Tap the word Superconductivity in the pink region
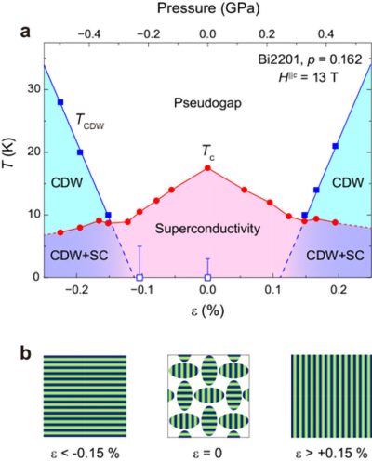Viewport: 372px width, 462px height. pyautogui.click(x=206, y=229)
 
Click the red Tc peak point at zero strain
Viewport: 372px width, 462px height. pyautogui.click(x=207, y=168)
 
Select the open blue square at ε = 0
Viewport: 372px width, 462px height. pyautogui.click(x=207, y=277)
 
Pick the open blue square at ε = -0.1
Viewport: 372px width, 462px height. pyautogui.click(x=139, y=277)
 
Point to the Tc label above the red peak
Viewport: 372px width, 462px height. pyautogui.click(x=210, y=150)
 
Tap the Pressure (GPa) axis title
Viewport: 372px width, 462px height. pyautogui.click(x=207, y=10)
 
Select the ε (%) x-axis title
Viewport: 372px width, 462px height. pyautogui.click(x=207, y=313)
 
